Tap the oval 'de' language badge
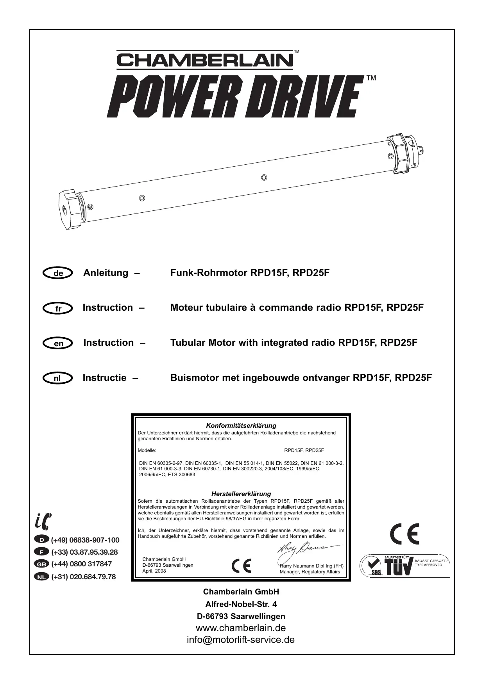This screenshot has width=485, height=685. (x=58, y=273)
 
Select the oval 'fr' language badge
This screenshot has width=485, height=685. (x=58, y=308)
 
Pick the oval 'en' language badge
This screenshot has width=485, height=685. (x=58, y=343)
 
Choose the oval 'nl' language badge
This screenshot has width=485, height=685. (x=58, y=378)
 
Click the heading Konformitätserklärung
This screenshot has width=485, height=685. (x=241, y=425)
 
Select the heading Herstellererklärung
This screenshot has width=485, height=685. (x=241, y=494)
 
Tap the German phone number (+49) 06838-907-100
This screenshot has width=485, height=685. (x=85, y=540)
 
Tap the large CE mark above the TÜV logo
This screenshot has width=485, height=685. (x=404, y=534)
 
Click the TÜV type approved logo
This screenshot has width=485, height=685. (x=404, y=565)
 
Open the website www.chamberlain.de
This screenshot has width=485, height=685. (x=241, y=628)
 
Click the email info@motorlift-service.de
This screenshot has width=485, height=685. (x=241, y=640)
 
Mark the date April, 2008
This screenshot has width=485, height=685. (x=154, y=571)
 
